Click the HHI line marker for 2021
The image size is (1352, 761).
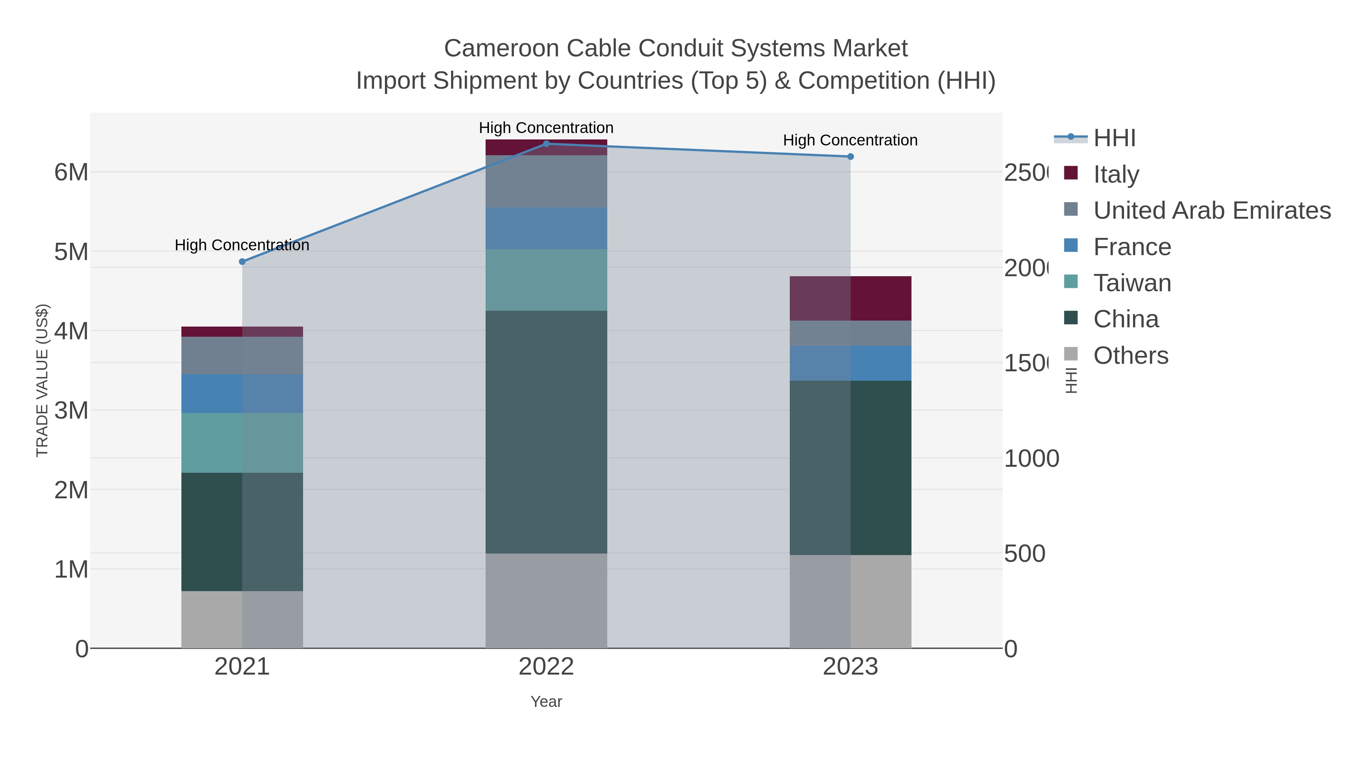[x=242, y=262]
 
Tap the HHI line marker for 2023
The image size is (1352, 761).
[x=850, y=156]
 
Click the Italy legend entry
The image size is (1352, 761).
[x=1116, y=174]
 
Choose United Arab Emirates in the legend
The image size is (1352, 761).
[x=1211, y=210]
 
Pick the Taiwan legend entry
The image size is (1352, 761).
[x=1132, y=283]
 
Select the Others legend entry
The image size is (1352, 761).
[x=1130, y=355]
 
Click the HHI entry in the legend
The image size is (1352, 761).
[x=1114, y=138]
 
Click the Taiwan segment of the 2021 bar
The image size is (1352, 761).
[x=242, y=443]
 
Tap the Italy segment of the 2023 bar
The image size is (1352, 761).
[x=850, y=298]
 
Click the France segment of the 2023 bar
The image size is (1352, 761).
[x=850, y=363]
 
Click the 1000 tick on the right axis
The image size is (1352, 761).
[x=1031, y=458]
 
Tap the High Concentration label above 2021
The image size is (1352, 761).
[x=242, y=245]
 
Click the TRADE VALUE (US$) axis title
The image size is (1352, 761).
[x=42, y=380]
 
